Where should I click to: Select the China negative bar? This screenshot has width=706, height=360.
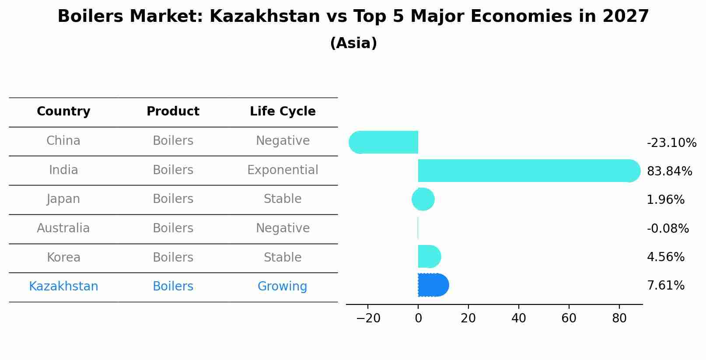coord(385,142)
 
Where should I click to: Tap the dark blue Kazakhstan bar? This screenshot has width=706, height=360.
coord(433,285)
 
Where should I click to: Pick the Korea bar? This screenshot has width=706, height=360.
coord(429,256)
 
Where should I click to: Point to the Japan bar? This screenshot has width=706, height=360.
coord(423,199)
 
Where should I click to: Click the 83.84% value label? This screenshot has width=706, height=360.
coord(669,171)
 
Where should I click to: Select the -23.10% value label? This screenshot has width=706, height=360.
coord(671,143)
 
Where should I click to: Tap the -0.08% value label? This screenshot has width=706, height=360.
coord(668,228)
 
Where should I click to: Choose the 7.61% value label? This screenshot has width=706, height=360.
coord(665,286)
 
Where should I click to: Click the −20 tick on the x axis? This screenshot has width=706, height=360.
coord(368,318)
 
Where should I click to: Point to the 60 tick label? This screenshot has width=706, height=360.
coord(569,318)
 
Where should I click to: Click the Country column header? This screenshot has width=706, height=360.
coord(63,112)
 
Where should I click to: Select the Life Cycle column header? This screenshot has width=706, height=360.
coord(283,112)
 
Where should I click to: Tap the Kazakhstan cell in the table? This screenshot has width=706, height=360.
coord(63,287)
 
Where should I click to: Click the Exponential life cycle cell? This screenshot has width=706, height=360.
coord(283,170)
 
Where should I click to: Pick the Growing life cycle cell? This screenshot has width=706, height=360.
coord(283,287)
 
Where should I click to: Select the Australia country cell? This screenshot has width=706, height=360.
coord(63,228)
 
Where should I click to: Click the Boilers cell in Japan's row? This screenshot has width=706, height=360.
coord(173,199)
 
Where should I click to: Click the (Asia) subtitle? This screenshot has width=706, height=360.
coord(353,43)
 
